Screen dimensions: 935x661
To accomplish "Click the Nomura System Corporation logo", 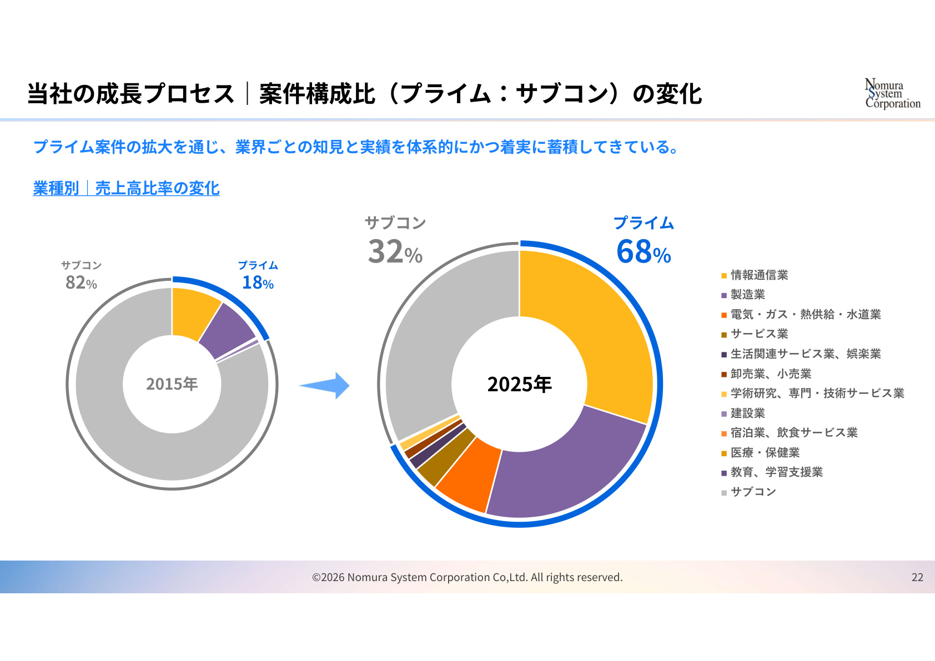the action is click(x=892, y=93).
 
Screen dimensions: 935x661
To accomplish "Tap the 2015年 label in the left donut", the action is click(x=172, y=384).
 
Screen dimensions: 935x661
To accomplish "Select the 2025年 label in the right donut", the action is click(x=519, y=384).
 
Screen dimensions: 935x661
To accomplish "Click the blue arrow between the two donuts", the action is click(x=325, y=386).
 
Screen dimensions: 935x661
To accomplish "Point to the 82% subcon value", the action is click(x=81, y=282).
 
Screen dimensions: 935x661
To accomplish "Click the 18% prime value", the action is click(x=258, y=282).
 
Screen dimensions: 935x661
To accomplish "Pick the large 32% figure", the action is click(x=395, y=251).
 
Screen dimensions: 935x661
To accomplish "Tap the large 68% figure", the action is click(x=644, y=251).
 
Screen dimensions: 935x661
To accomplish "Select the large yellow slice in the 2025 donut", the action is click(x=601, y=334).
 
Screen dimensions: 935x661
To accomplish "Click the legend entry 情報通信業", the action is click(x=755, y=275).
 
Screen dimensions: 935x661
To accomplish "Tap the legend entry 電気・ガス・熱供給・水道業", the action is click(x=801, y=315).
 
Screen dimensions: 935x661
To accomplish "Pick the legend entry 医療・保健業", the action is click(x=760, y=453).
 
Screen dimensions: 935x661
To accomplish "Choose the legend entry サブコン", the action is click(x=748, y=492).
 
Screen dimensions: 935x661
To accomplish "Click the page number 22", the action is click(x=917, y=577).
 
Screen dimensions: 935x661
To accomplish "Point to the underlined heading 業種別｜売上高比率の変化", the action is click(x=126, y=188).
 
